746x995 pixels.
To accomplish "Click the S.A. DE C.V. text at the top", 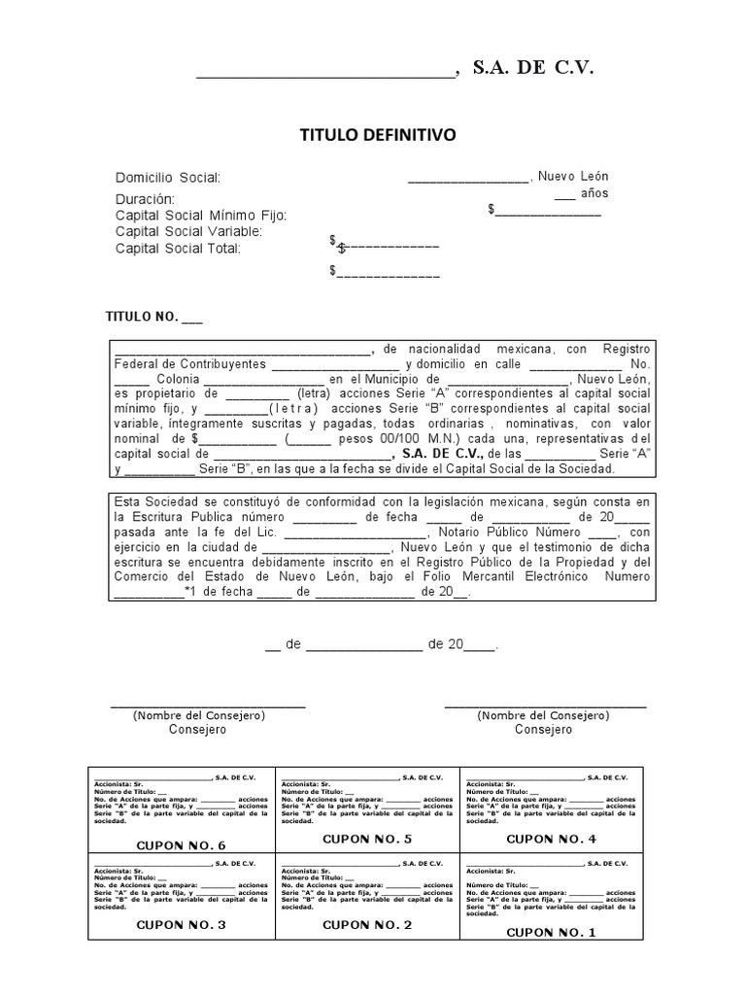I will (x=531, y=67).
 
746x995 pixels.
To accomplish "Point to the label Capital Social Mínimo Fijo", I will (x=201, y=215).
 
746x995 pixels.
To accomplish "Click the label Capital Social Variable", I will (x=188, y=231).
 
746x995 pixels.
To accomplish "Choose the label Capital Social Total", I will (x=178, y=248).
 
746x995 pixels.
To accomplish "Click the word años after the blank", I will (x=594, y=193).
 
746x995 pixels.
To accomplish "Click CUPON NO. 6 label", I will (x=181, y=845).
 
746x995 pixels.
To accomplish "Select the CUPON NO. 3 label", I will (x=181, y=925).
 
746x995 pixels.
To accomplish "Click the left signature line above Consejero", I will (x=208, y=705).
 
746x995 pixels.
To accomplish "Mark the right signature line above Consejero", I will (x=544, y=705).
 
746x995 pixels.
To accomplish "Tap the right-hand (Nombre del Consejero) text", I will (x=543, y=715).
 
